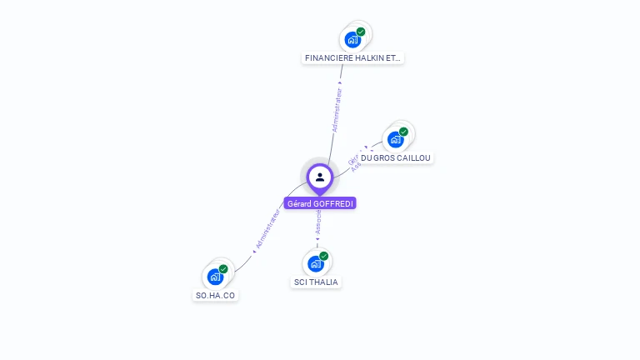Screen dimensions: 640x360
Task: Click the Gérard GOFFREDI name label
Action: [x=320, y=203]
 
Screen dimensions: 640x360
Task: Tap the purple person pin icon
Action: [x=320, y=177]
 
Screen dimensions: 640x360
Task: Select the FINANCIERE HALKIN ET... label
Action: [x=352, y=58]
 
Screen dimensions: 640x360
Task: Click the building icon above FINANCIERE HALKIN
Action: [x=352, y=39]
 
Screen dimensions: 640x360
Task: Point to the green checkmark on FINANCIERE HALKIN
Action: [x=361, y=32]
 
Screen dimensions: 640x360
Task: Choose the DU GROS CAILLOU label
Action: [x=396, y=157]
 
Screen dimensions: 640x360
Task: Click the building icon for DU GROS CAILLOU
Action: [x=396, y=139]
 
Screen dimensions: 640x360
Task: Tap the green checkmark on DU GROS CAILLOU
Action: [x=403, y=132]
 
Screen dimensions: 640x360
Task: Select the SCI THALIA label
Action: [x=316, y=282]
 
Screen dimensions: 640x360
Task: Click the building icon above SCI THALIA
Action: [x=316, y=263]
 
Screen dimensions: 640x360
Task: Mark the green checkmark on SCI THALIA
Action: [x=324, y=256]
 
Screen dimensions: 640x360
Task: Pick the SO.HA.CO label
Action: [x=216, y=295]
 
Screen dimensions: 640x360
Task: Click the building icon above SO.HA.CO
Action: [x=216, y=277]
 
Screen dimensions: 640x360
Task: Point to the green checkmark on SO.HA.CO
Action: [x=223, y=269]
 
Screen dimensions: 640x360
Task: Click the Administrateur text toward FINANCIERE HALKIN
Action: [x=337, y=111]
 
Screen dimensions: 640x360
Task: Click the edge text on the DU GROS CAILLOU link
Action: [x=354, y=162]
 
